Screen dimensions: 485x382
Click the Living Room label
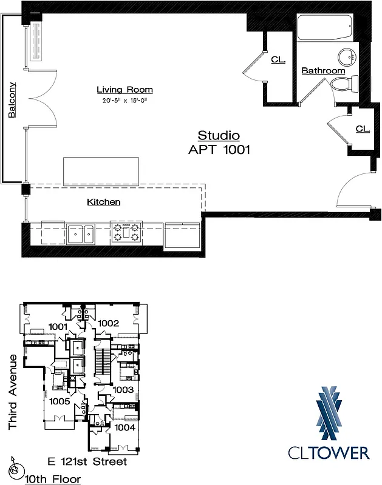tap(124, 90)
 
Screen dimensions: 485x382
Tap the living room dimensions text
tap(124, 100)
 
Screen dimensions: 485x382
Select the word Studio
tap(219, 136)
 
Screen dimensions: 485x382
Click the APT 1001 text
tap(219, 150)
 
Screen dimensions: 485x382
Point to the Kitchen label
tap(103, 202)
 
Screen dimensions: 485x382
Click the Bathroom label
tap(323, 71)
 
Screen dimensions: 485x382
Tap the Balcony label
tap(12, 100)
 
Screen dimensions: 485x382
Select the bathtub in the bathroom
tap(324, 28)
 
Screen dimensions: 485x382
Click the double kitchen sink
tap(81, 233)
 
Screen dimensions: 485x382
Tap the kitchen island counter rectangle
tap(101, 171)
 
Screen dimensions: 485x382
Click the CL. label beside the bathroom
tap(278, 60)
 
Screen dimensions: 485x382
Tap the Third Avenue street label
tap(13, 394)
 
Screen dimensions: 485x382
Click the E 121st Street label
tap(87, 462)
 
